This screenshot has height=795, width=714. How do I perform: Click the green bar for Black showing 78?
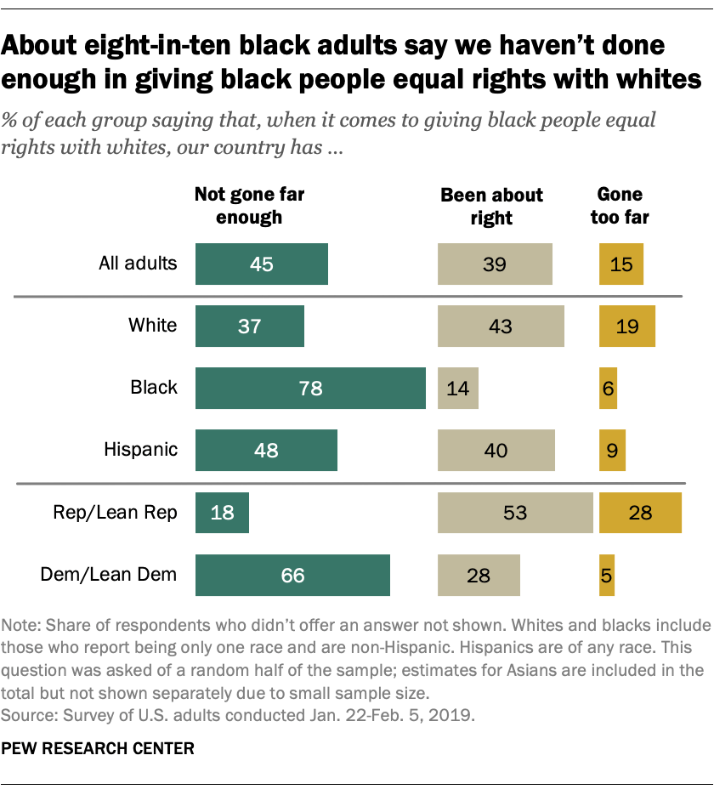point(310,389)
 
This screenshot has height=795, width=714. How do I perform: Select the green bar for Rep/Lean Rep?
point(222,513)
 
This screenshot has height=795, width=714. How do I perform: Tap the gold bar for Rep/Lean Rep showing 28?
point(640,513)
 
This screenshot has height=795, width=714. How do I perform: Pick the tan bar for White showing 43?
point(501,327)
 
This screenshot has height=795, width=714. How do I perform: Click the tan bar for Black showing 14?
point(457,389)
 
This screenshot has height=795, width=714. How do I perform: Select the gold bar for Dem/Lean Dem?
point(606,576)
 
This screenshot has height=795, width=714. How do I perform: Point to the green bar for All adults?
point(261,264)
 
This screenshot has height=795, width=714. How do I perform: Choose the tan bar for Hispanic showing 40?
point(496,451)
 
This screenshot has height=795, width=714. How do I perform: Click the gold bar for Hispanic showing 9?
point(612,451)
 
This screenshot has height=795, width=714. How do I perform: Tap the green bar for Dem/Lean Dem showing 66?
point(292,576)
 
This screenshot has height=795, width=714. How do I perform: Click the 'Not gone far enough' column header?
point(249,206)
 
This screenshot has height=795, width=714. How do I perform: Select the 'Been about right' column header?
point(491,207)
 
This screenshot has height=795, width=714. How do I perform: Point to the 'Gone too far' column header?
point(620,206)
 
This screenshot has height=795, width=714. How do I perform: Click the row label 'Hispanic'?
point(140,449)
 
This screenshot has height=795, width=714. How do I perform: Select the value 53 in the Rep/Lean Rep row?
point(514,513)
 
